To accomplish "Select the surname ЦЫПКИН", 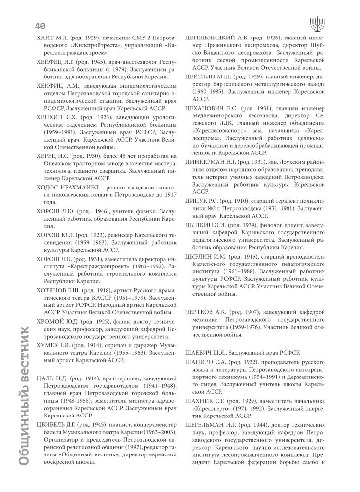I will pos(203,225).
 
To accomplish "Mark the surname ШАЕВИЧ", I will pos(201,352).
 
